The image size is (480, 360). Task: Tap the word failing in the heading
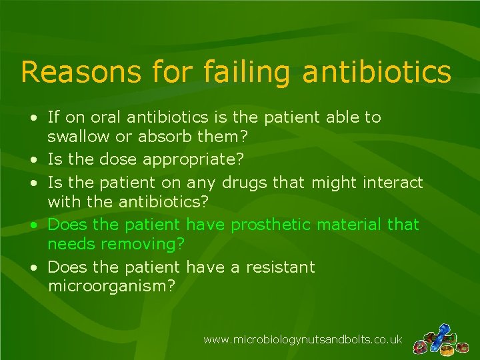tap(246, 73)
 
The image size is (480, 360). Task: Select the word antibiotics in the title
tap(377, 71)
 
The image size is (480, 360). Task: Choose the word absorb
tap(157, 137)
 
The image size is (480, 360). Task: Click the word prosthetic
tap(268, 225)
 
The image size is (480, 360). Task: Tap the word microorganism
tap(111, 287)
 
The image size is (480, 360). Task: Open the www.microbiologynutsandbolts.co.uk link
tap(303, 339)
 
